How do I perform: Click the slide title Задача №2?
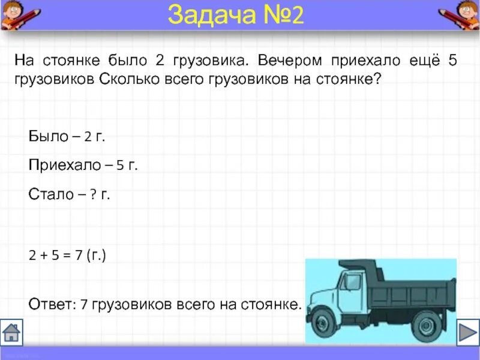(x=236, y=15)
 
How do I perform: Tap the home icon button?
(x=12, y=332)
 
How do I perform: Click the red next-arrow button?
(x=467, y=332)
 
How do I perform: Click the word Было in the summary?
(x=49, y=136)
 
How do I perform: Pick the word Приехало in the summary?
(x=62, y=166)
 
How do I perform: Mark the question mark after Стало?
(x=94, y=195)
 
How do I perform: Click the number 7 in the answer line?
(x=84, y=304)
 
